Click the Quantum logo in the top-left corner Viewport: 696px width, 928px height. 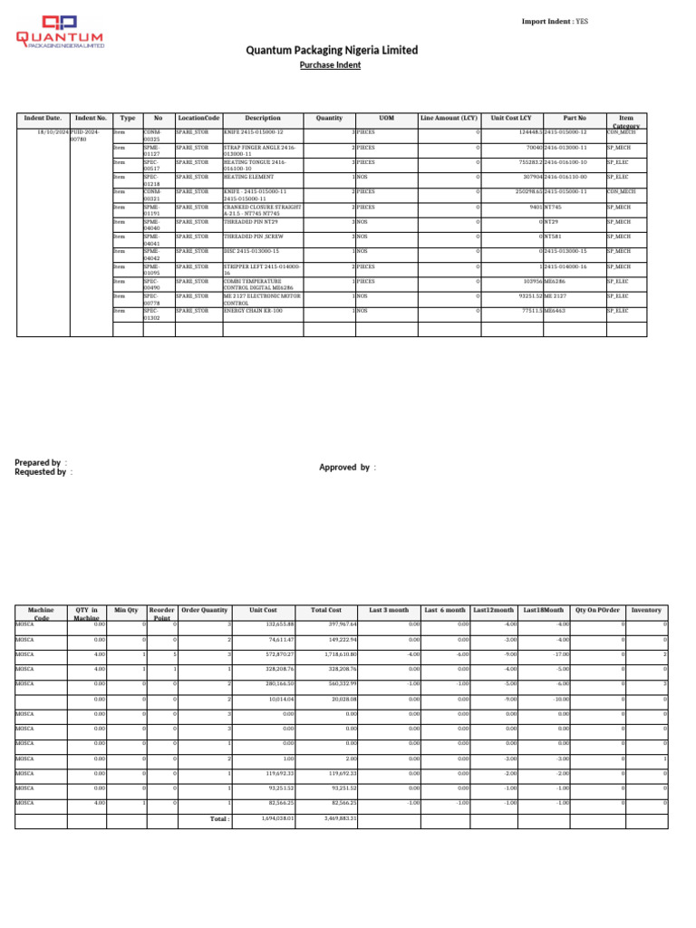click(60, 32)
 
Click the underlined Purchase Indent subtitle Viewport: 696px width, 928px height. click(330, 65)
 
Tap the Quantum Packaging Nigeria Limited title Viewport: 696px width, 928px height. click(332, 50)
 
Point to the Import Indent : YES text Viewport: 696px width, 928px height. click(555, 21)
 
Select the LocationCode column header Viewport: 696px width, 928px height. click(198, 118)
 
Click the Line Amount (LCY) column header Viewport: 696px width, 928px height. click(449, 118)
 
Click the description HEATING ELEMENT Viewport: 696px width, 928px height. click(248, 177)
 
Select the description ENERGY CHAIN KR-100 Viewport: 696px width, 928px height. click(253, 311)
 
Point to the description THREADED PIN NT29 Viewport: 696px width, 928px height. click(251, 221)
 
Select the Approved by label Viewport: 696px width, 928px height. click(347, 468)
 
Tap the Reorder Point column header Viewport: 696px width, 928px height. click(162, 614)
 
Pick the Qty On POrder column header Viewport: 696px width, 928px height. click(598, 610)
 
